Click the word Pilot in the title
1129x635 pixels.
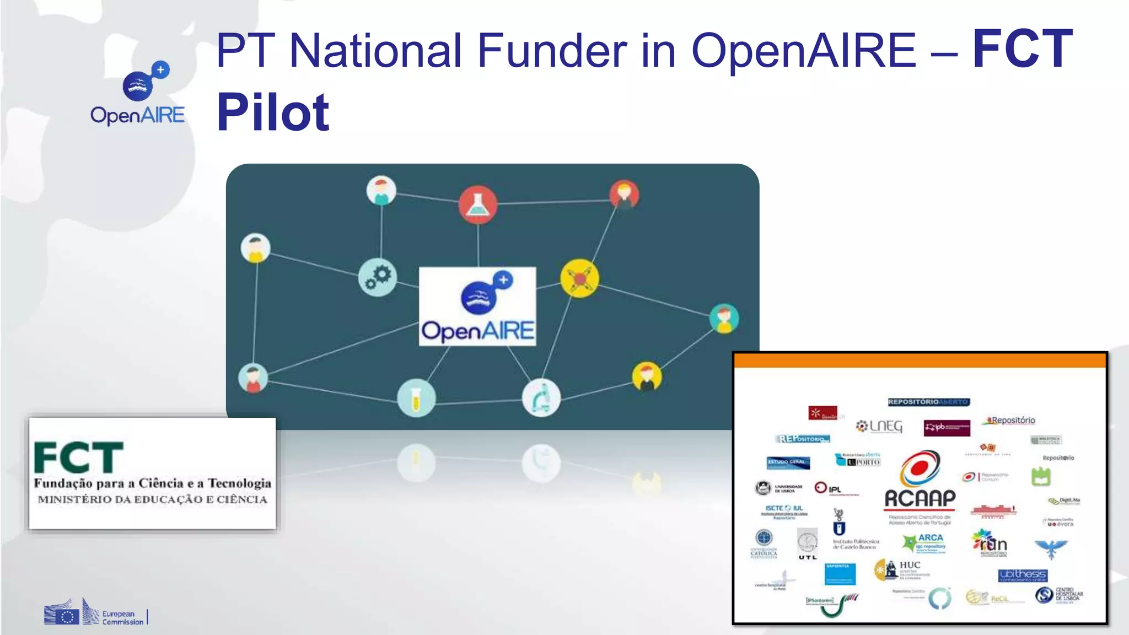pyautogui.click(x=273, y=113)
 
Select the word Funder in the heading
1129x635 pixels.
pyautogui.click(x=552, y=51)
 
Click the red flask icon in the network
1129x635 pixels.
pyautogui.click(x=477, y=205)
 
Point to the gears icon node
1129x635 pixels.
pyautogui.click(x=378, y=277)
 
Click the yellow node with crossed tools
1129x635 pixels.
pyautogui.click(x=579, y=278)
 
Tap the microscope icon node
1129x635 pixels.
pyautogui.click(x=541, y=398)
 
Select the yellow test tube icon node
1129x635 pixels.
pyautogui.click(x=416, y=398)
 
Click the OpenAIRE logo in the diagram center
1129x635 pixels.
pyautogui.click(x=477, y=306)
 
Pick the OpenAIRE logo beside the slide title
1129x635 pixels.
pyautogui.click(x=138, y=94)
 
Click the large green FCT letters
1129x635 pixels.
pyautogui.click(x=78, y=458)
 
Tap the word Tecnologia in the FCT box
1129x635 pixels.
pyautogui.click(x=239, y=483)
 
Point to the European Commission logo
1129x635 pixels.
pyautogui.click(x=95, y=613)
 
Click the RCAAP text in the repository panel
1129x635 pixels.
pyautogui.click(x=920, y=498)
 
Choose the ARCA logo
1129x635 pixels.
pyautogui.click(x=926, y=542)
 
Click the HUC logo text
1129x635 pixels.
pyautogui.click(x=910, y=566)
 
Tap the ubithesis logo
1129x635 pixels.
pyautogui.click(x=1023, y=575)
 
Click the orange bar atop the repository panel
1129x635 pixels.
pyautogui.click(x=920, y=360)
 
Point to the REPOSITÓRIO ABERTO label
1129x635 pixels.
pyautogui.click(x=929, y=402)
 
